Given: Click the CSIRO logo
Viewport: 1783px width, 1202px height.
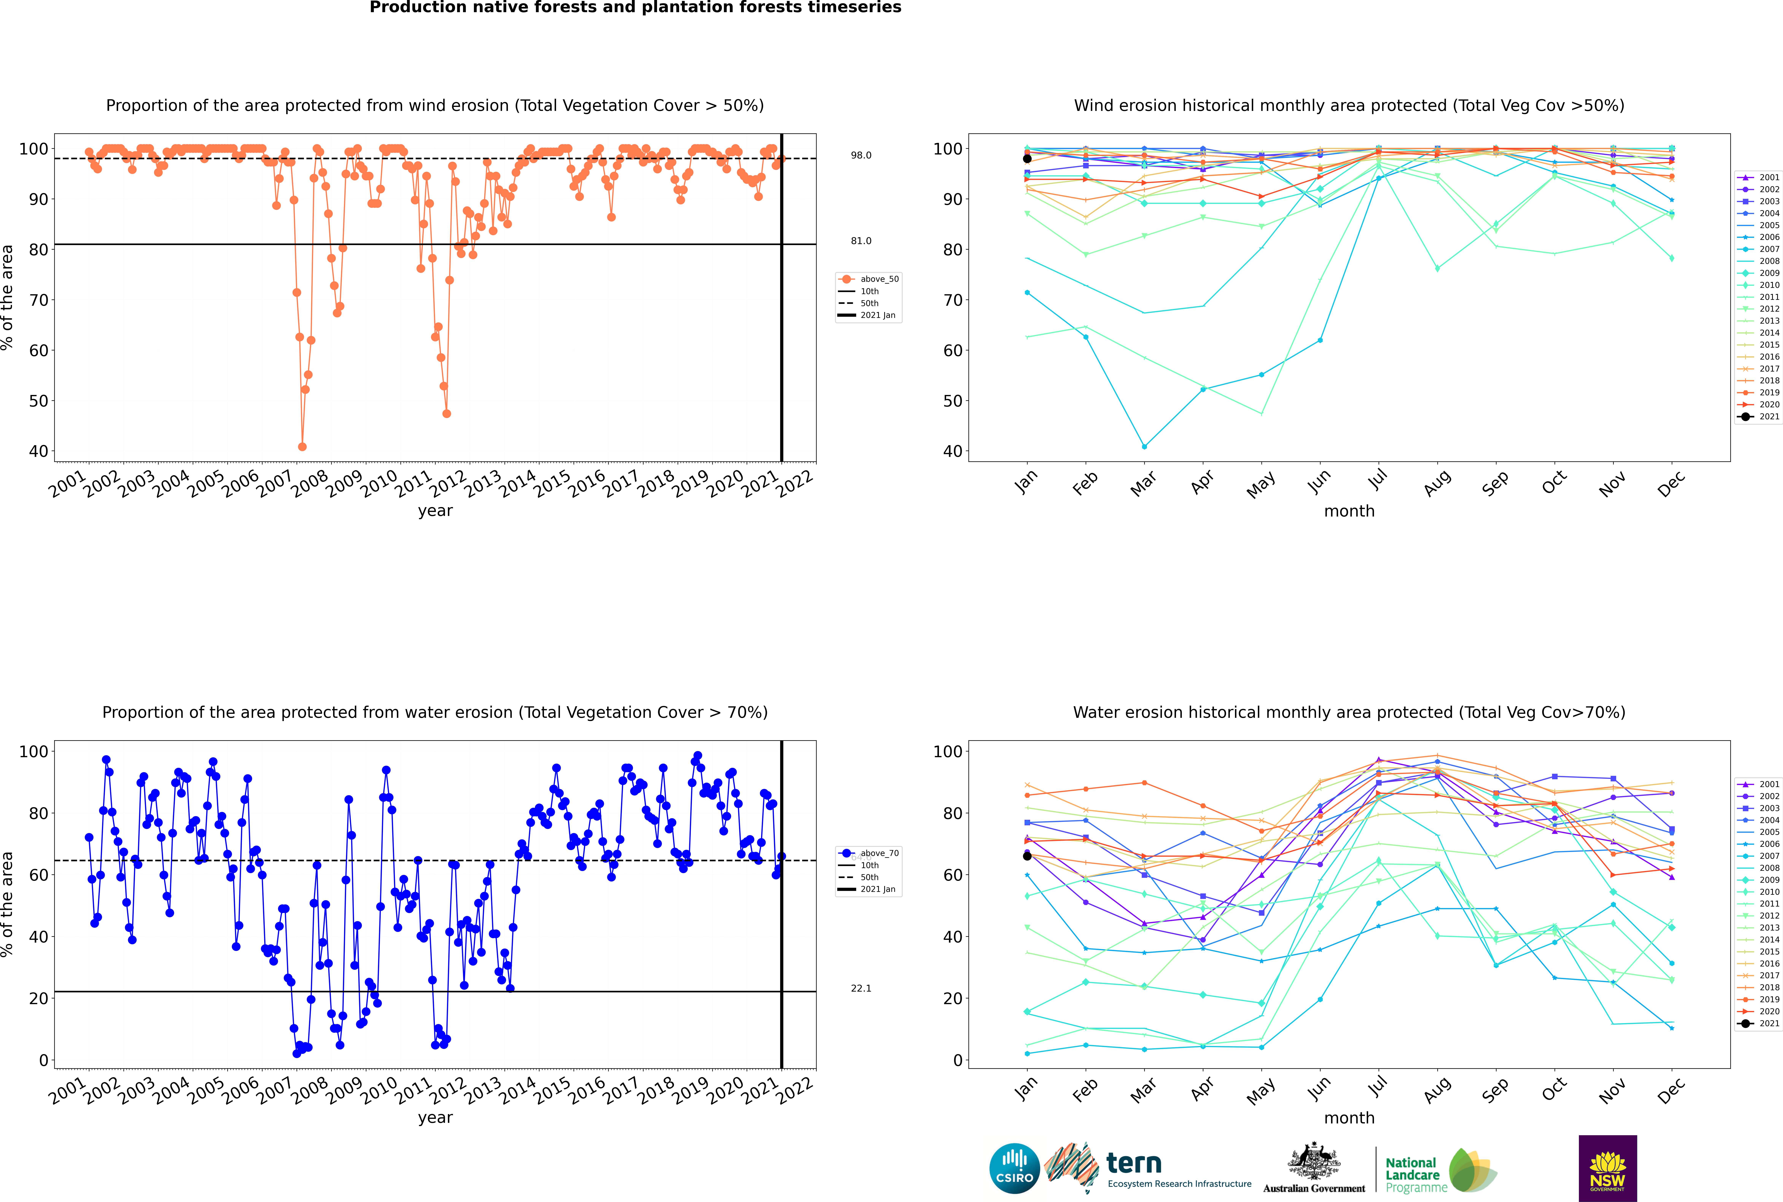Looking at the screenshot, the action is (1014, 1169).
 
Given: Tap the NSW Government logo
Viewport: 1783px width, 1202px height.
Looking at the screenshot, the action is (1607, 1168).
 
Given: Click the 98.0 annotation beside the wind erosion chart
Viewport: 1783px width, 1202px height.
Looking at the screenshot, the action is (861, 156).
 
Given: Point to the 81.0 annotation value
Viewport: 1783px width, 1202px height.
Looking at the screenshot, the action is (861, 241).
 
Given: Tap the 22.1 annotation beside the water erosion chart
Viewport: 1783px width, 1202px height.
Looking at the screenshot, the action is (861, 988).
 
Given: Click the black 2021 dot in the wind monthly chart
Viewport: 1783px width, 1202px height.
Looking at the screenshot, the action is (1027, 159).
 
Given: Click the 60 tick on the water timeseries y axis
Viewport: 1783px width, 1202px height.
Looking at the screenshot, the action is (38, 875).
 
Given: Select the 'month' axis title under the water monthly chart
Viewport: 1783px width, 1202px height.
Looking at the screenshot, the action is (1349, 1118).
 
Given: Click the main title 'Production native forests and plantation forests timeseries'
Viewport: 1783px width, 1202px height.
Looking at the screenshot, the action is (636, 8).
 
